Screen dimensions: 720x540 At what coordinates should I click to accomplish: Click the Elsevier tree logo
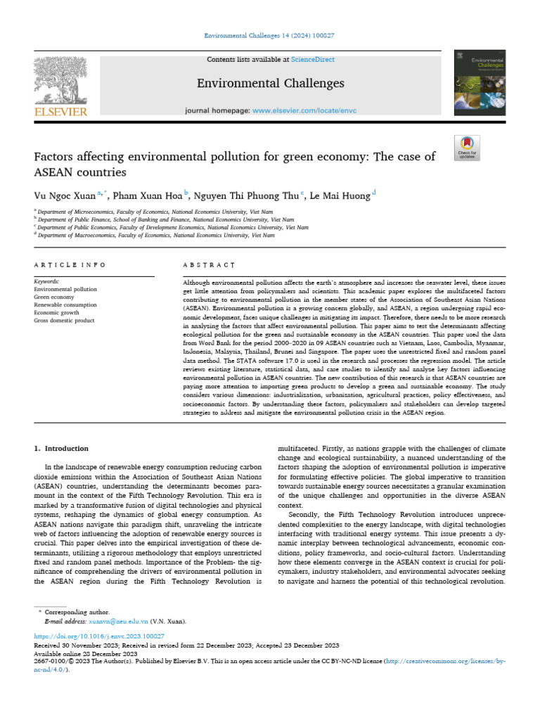click(60, 81)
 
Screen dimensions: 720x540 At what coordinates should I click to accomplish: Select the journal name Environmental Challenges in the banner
click(270, 84)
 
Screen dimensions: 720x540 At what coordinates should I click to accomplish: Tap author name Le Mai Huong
click(342, 195)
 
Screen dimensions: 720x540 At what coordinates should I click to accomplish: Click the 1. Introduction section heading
click(61, 449)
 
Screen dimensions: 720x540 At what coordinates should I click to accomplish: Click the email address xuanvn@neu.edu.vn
click(124, 622)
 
